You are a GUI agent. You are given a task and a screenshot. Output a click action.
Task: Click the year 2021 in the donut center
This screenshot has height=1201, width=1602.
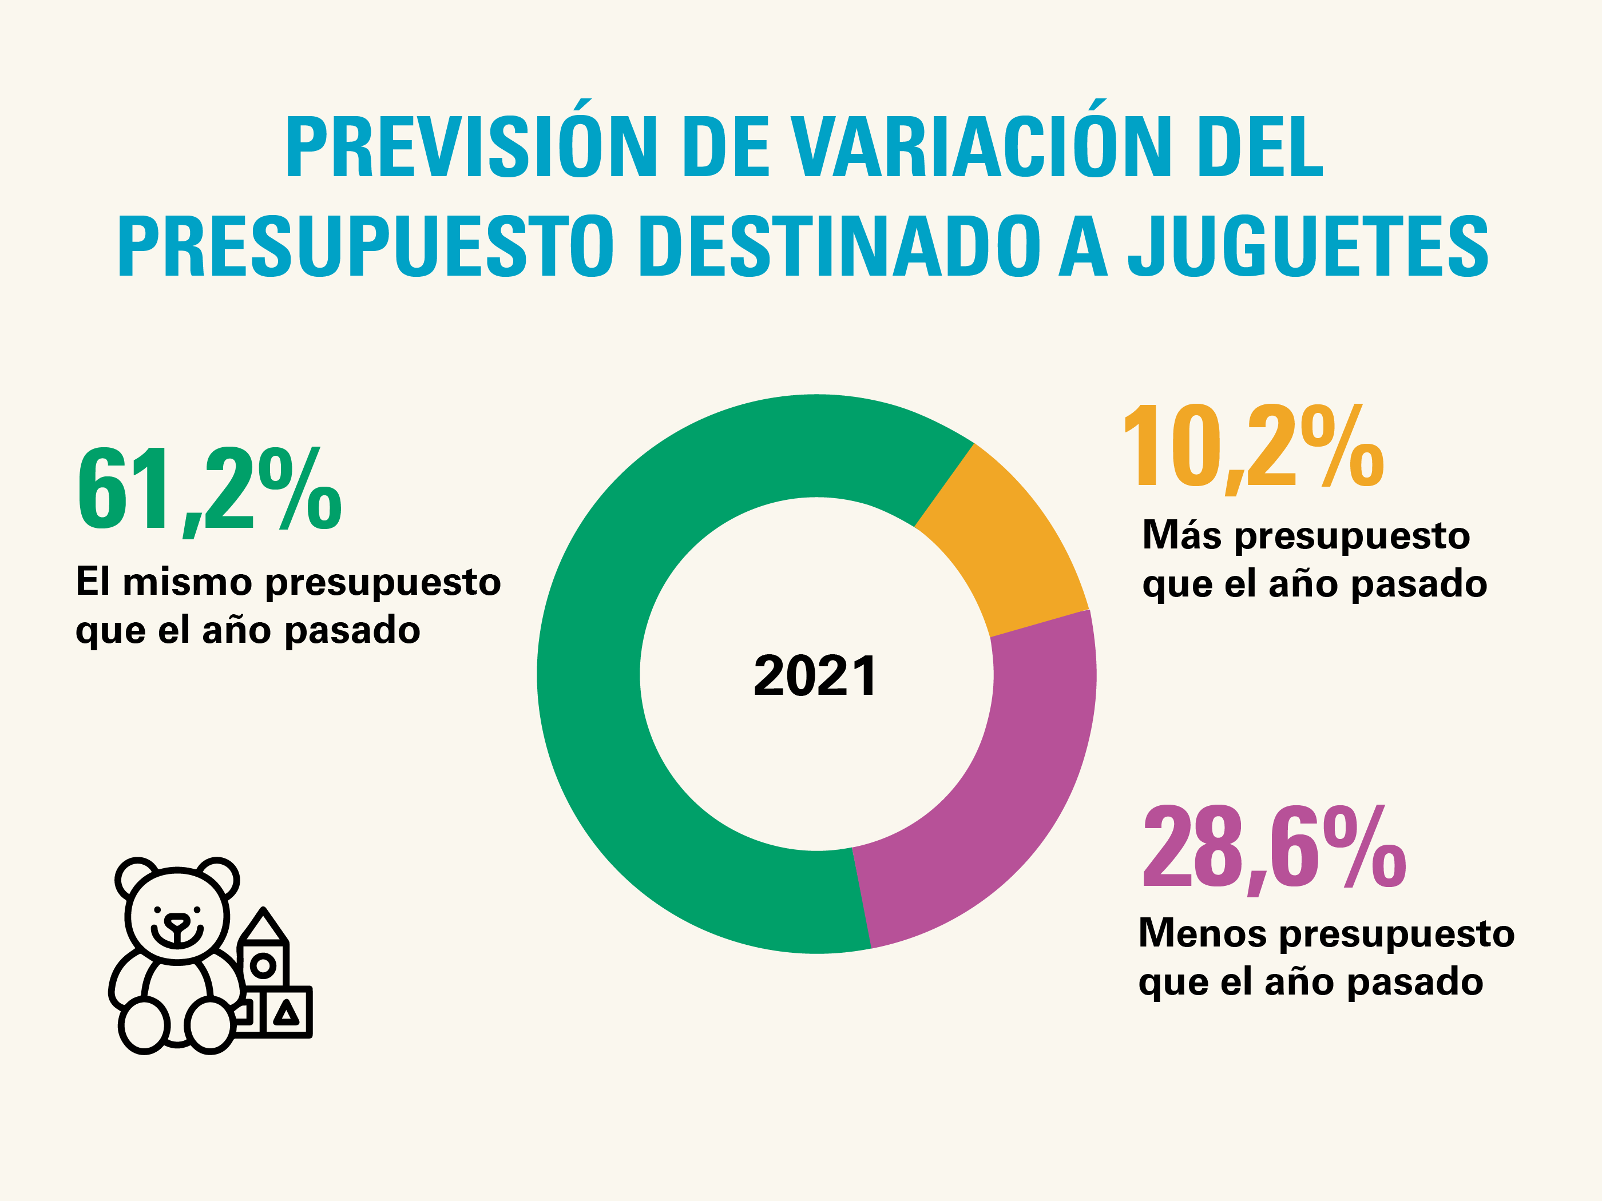[x=815, y=675]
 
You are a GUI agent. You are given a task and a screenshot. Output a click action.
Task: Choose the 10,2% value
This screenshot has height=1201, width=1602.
[x=1253, y=447]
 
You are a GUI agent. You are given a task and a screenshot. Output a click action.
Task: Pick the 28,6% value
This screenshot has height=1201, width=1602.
[x=1274, y=849]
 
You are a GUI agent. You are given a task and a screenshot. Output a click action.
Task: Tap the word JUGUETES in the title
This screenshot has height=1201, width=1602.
[x=1307, y=246]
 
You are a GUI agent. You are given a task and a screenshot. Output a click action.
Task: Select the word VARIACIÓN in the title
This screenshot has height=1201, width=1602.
[x=981, y=147]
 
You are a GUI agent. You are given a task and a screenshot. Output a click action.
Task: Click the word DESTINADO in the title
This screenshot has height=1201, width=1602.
[x=840, y=246]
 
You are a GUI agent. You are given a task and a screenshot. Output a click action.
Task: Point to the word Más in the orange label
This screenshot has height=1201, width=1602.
[x=1181, y=536]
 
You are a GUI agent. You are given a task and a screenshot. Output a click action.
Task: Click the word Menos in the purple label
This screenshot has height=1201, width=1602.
[x=1202, y=933]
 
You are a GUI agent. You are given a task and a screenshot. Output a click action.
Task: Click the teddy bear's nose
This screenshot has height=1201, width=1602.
[x=177, y=921]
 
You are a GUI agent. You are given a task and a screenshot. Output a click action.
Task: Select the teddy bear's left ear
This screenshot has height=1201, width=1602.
[x=136, y=877]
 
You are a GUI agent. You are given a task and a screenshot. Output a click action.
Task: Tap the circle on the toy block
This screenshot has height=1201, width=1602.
[x=263, y=965]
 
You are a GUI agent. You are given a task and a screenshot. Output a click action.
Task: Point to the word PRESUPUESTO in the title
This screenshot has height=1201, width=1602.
[x=366, y=246]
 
